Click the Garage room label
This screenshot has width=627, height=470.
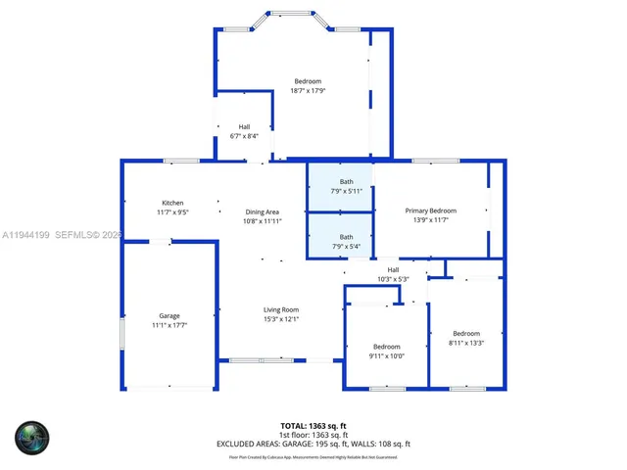(169, 315)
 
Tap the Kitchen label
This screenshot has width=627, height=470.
(172, 202)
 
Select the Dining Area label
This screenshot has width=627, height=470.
(263, 211)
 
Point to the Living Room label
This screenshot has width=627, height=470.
(280, 309)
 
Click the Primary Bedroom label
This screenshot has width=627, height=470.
(431, 211)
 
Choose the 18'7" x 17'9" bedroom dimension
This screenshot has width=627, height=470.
(308, 91)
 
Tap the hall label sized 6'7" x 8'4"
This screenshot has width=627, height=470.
(244, 126)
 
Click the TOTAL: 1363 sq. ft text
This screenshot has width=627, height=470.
(313, 425)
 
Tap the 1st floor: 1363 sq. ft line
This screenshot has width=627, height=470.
(313, 434)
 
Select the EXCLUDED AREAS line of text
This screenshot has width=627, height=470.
(313, 444)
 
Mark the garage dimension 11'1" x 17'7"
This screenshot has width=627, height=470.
(169, 325)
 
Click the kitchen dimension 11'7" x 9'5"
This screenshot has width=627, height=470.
(172, 211)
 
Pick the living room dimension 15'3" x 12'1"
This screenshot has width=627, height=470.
(280, 319)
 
